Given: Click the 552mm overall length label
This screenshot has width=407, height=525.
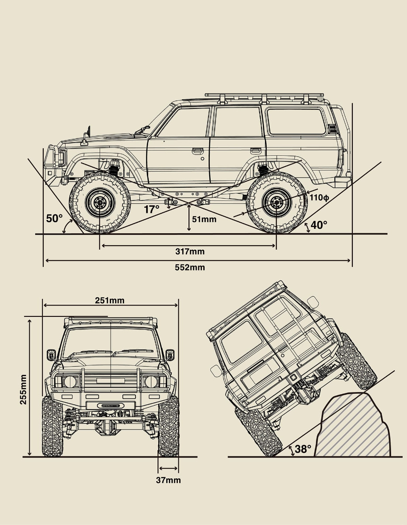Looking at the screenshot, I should pyautogui.click(x=190, y=267).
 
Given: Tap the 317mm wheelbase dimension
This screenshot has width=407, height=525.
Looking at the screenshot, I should pyautogui.click(x=190, y=252).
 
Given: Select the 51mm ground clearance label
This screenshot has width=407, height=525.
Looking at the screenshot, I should pyautogui.click(x=204, y=219).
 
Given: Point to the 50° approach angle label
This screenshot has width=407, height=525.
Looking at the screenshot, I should pyautogui.click(x=55, y=218).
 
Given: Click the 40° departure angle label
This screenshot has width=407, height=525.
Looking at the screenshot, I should pyautogui.click(x=319, y=225).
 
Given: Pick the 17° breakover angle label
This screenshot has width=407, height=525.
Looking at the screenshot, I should pyautogui.click(x=152, y=210).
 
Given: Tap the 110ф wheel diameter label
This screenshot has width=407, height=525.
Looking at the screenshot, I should pyautogui.click(x=319, y=198).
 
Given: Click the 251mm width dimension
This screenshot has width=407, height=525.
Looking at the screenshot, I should pyautogui.click(x=110, y=300).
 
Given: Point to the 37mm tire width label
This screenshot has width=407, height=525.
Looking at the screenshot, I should pyautogui.click(x=168, y=480).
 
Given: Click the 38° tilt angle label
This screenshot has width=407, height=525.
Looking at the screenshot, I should pyautogui.click(x=303, y=449).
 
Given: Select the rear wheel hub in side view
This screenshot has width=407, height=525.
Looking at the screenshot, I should pyautogui.click(x=276, y=203).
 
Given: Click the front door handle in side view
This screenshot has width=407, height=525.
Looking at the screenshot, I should pyautogui.click(x=197, y=150).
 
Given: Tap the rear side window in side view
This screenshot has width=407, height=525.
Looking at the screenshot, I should pyautogui.click(x=296, y=122).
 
